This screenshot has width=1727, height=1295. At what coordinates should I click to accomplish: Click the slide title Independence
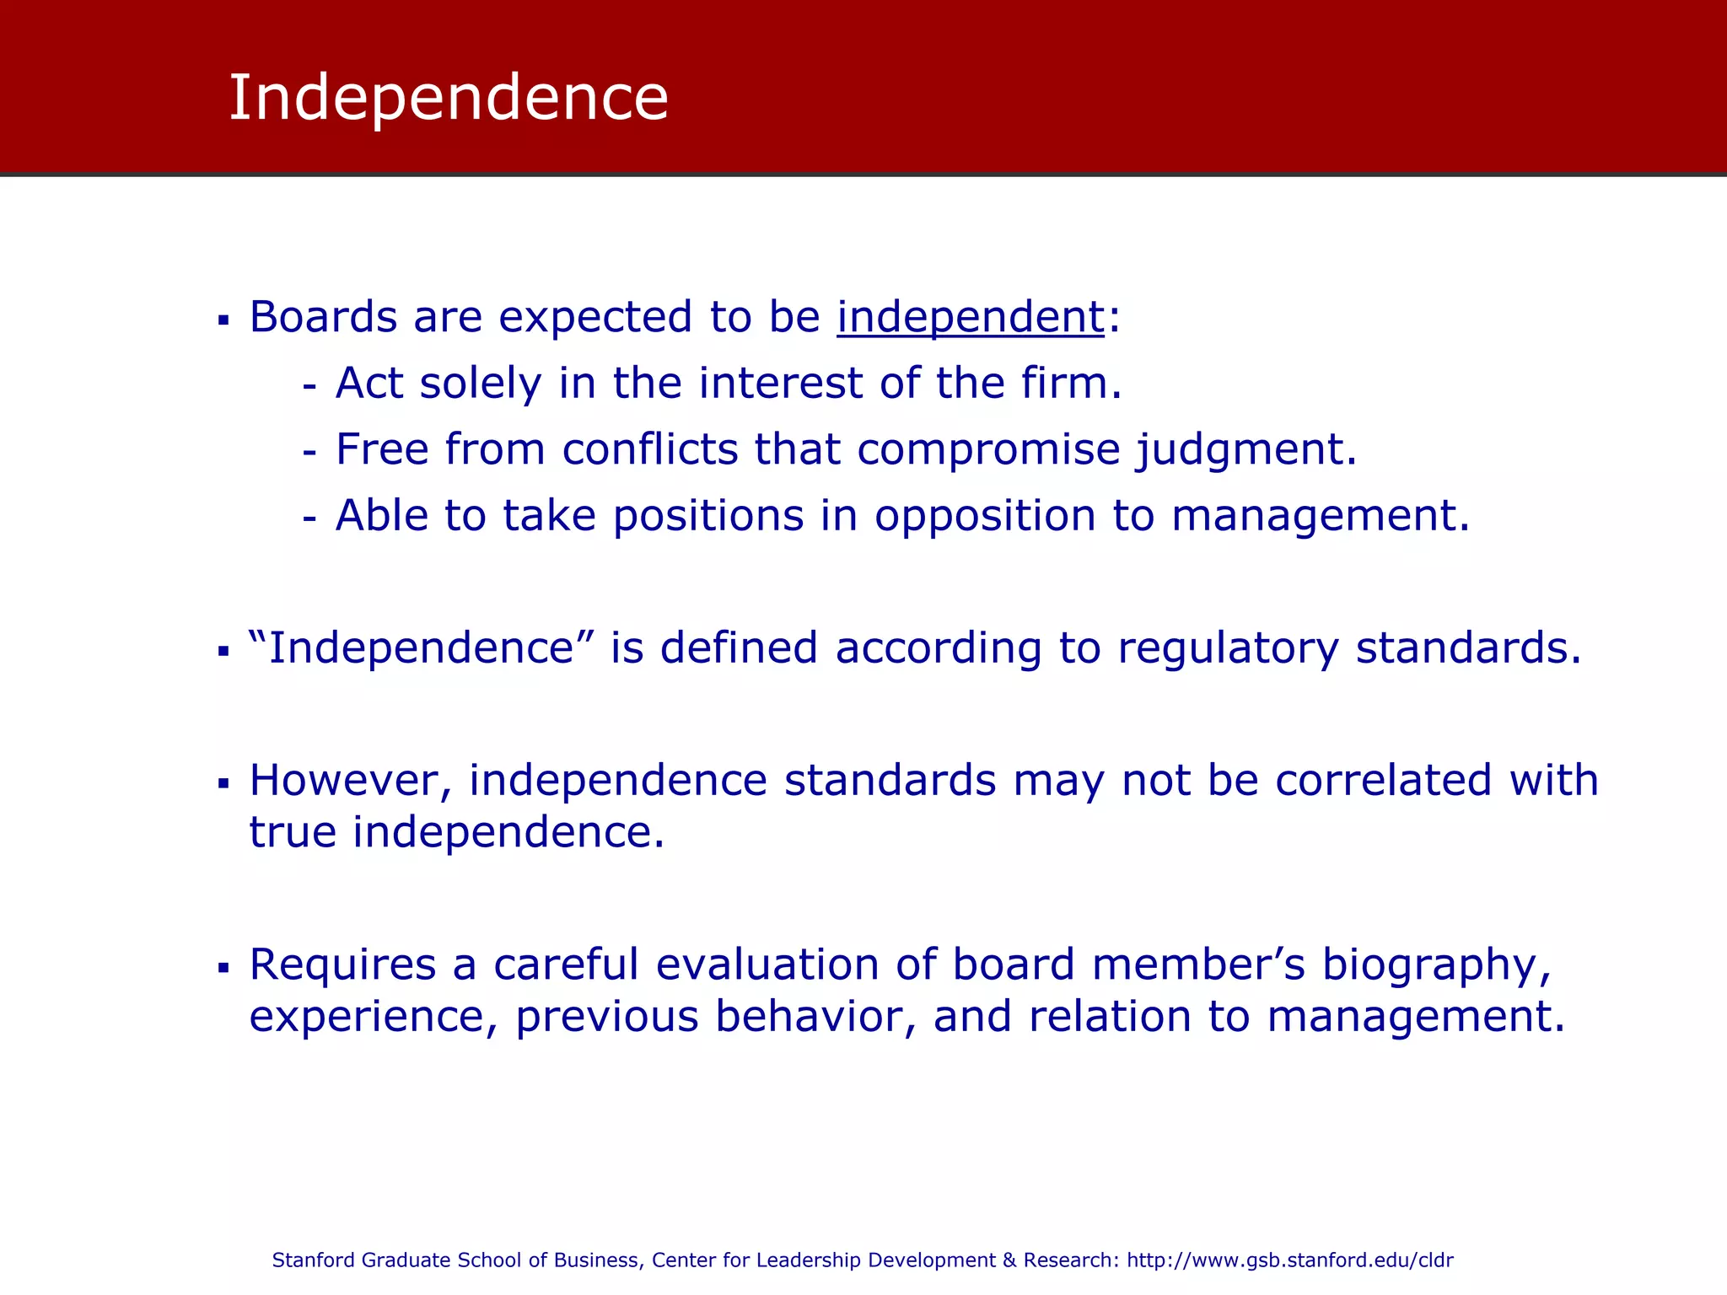pos(448,98)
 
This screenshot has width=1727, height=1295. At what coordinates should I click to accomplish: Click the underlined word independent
pos(970,318)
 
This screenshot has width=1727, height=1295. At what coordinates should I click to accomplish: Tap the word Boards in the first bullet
pos(323,318)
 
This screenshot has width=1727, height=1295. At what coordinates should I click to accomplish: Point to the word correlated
pos(1383,781)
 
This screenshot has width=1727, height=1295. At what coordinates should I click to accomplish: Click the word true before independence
pos(292,833)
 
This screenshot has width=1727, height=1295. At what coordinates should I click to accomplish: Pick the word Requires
pos(342,965)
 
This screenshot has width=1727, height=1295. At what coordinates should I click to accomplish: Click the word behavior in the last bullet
pos(815,1017)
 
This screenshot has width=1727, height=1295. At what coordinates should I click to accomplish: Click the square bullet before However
pos(223,784)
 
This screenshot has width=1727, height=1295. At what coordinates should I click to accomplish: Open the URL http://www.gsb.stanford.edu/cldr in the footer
pos(1290,1260)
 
